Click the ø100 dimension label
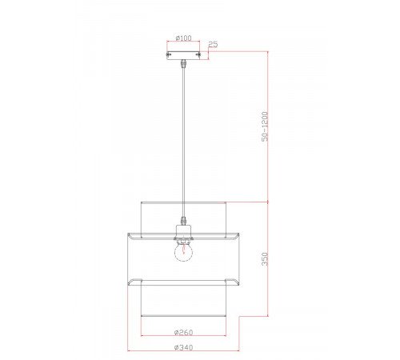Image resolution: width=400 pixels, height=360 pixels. pyautogui.click(x=183, y=38)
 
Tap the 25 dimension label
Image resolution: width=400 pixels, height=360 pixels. pyautogui.click(x=213, y=44)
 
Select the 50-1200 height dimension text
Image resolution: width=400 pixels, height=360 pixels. pyautogui.click(x=265, y=126)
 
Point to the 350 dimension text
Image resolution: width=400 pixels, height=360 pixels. pyautogui.click(x=265, y=259)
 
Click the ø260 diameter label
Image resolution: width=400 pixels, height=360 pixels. pyautogui.click(x=183, y=332)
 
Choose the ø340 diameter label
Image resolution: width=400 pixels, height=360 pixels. pyautogui.click(x=183, y=347)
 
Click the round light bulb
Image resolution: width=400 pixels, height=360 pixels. pyautogui.click(x=183, y=252)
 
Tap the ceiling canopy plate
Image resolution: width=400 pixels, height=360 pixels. pyautogui.click(x=183, y=55)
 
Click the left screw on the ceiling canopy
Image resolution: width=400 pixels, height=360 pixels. pyautogui.click(x=168, y=54)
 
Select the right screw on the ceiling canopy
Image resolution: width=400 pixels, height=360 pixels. pyautogui.click(x=198, y=54)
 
